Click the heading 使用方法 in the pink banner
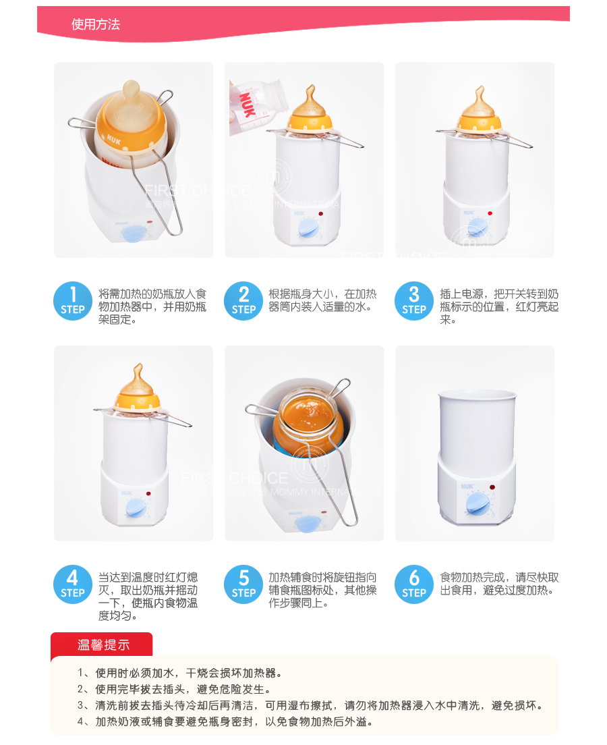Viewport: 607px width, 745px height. pyautogui.click(x=96, y=24)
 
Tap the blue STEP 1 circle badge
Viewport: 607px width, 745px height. pyautogui.click(x=73, y=301)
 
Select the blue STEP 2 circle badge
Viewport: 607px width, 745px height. pyautogui.click(x=243, y=301)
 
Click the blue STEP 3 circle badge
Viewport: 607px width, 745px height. pyautogui.click(x=413, y=301)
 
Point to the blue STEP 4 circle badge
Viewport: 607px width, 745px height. pyautogui.click(x=73, y=584)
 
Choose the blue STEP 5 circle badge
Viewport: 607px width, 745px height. pyautogui.click(x=243, y=584)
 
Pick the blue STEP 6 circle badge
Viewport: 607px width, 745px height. pyautogui.click(x=413, y=584)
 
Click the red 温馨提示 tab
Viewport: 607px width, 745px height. pyautogui.click(x=102, y=644)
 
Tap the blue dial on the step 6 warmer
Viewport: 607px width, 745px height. pyautogui.click(x=477, y=503)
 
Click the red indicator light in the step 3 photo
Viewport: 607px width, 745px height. pyautogui.click(x=490, y=213)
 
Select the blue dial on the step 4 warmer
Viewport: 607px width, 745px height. pyautogui.click(x=136, y=508)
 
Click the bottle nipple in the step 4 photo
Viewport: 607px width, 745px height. pyautogui.click(x=138, y=383)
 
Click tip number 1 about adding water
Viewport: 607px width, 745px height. pyautogui.click(x=180, y=673)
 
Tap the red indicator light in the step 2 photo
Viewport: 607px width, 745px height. pyautogui.click(x=320, y=214)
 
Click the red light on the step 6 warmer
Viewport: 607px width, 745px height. pyautogui.click(x=492, y=487)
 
